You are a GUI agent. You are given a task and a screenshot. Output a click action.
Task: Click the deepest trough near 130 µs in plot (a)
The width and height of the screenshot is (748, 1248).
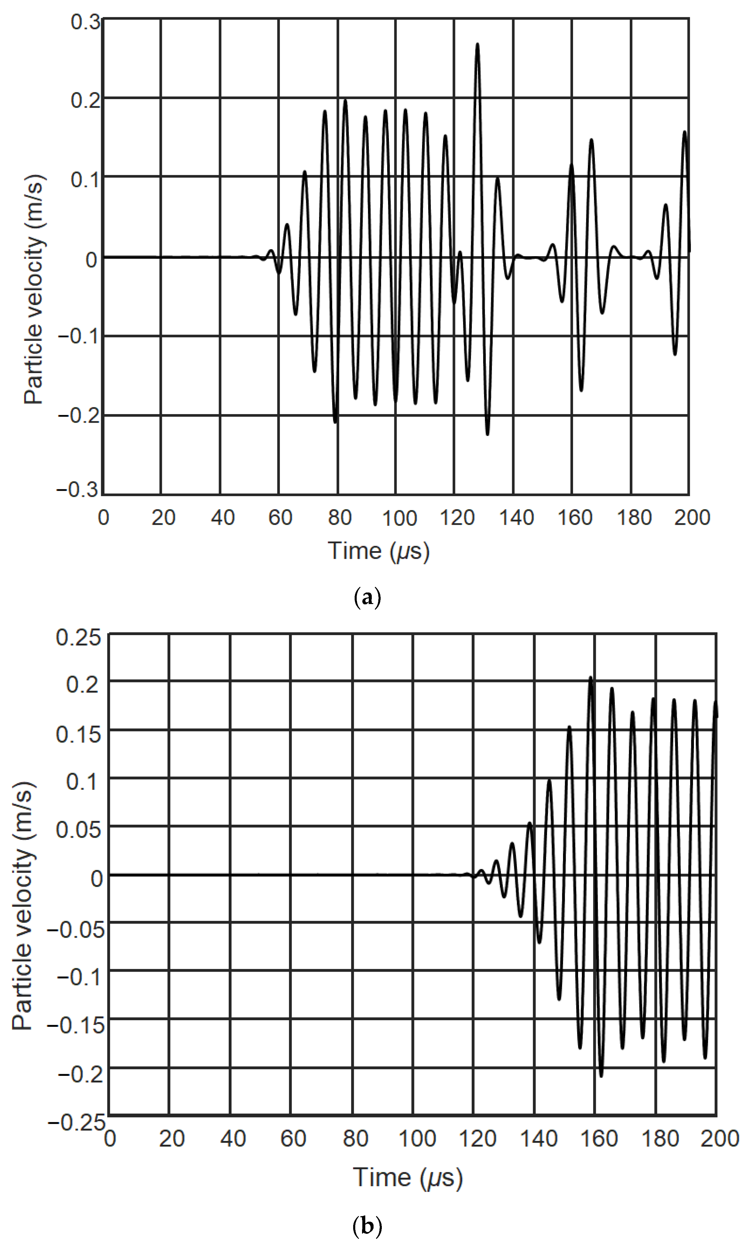tap(487, 434)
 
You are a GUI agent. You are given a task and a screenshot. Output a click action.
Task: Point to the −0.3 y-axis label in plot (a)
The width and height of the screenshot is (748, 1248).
tap(78, 489)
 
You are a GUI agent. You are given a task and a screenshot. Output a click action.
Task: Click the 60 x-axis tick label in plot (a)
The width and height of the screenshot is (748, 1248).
tap(280, 518)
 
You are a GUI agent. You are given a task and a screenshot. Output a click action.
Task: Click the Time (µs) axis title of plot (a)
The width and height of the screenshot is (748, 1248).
tap(379, 551)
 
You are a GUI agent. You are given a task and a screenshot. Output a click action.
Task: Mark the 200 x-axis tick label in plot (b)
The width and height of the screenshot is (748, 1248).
tap(719, 1139)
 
